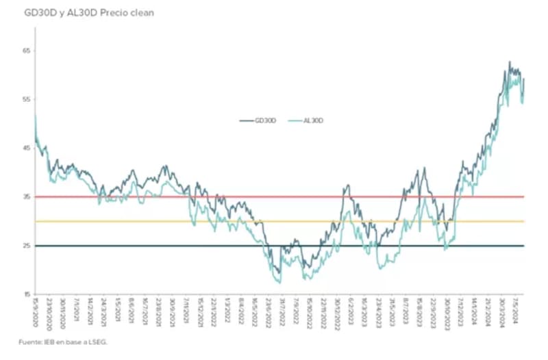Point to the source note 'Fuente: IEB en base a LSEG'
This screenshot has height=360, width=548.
(64, 341)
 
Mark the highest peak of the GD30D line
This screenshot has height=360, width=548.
(509, 62)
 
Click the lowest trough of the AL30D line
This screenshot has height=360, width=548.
(279, 282)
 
